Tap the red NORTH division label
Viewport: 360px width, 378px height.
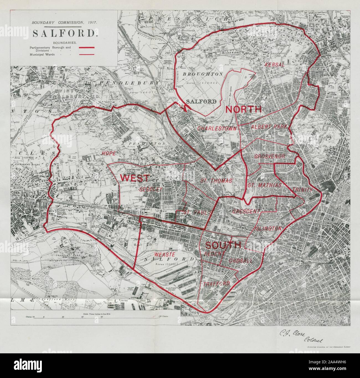coord(243,109)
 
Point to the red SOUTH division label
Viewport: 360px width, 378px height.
coord(223,245)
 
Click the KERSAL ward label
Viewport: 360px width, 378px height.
coord(275,65)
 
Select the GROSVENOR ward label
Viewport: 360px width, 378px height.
coord(270,157)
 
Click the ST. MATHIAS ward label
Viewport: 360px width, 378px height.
coord(264,185)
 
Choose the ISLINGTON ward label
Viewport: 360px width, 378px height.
coord(268,229)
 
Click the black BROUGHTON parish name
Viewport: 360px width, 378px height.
coord(203,74)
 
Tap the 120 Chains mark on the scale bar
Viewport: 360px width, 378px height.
coord(160,316)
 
